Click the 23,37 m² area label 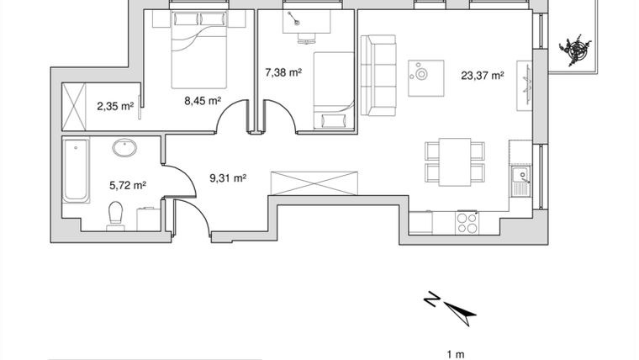tap(483, 75)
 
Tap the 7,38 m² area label tap(283, 73)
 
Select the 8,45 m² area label tap(203, 100)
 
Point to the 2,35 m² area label tap(115, 106)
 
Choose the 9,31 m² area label tap(227, 177)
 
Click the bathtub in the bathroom tap(76, 172)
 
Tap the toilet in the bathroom tap(116, 215)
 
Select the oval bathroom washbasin tap(125, 149)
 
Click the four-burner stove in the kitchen tap(466, 222)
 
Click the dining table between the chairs tap(455, 161)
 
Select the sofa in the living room tap(378, 75)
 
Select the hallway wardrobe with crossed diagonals tap(314, 183)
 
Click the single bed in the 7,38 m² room tap(333, 90)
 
